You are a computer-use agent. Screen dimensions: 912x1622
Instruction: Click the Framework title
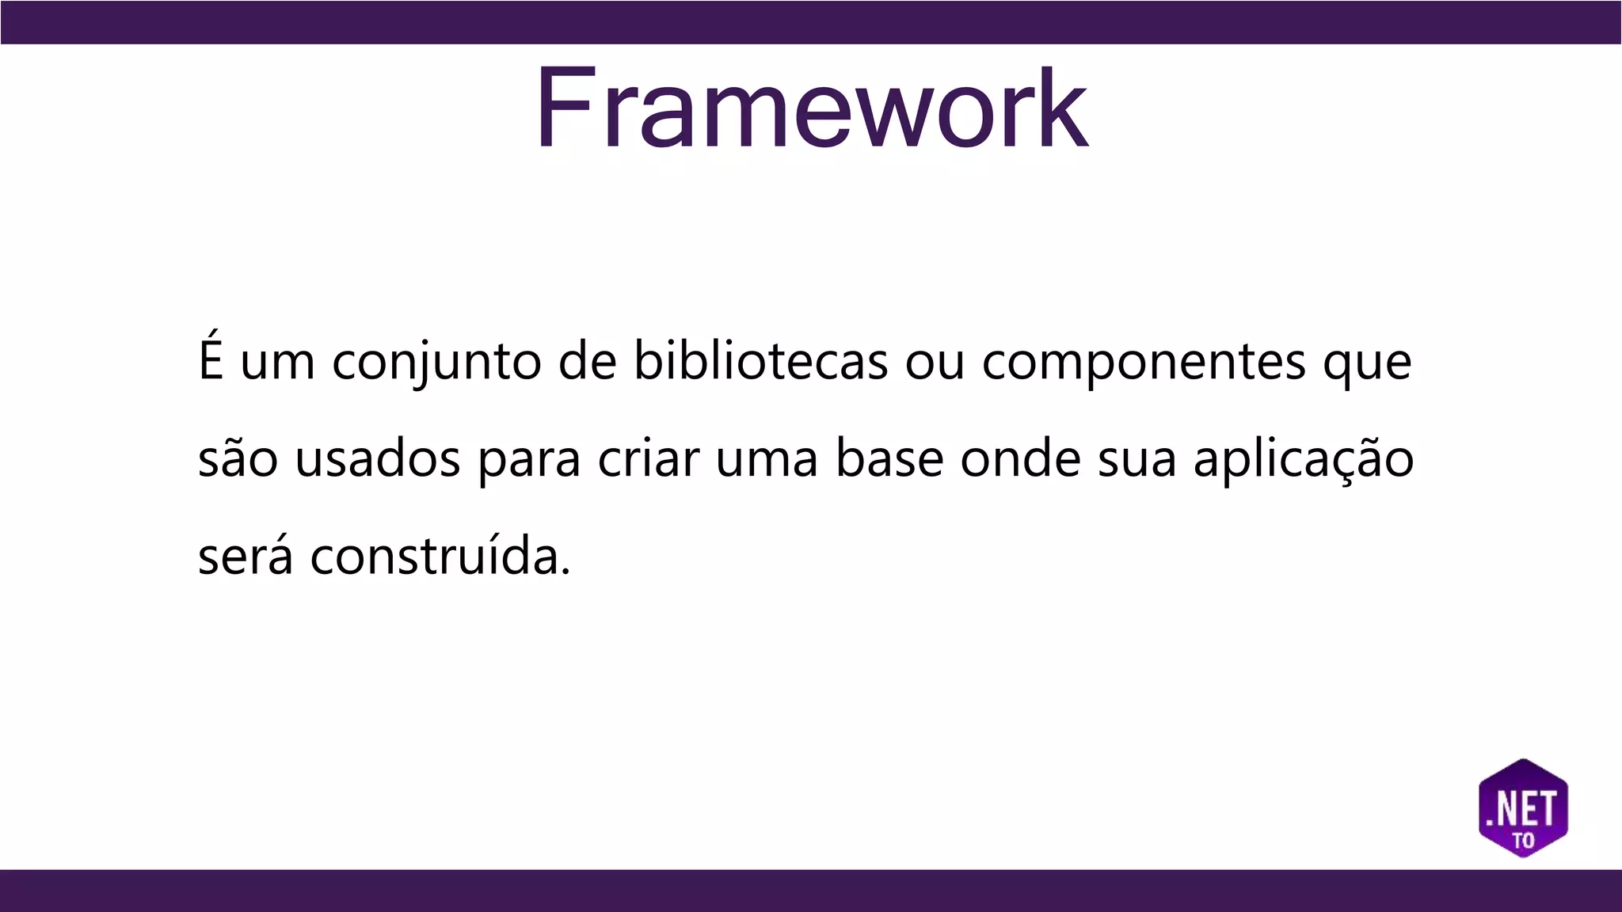(x=811, y=108)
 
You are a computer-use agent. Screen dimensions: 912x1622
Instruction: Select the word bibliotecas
(x=760, y=361)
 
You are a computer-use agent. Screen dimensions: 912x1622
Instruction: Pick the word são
(x=238, y=459)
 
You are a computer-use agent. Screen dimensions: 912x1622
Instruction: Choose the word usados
(x=378, y=459)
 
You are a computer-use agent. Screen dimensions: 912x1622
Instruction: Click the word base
(x=889, y=459)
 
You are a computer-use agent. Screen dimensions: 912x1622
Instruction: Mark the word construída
(x=440, y=556)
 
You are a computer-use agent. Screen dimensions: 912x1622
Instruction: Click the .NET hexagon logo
(x=1523, y=808)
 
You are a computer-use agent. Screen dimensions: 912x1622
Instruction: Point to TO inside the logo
(x=1523, y=839)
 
